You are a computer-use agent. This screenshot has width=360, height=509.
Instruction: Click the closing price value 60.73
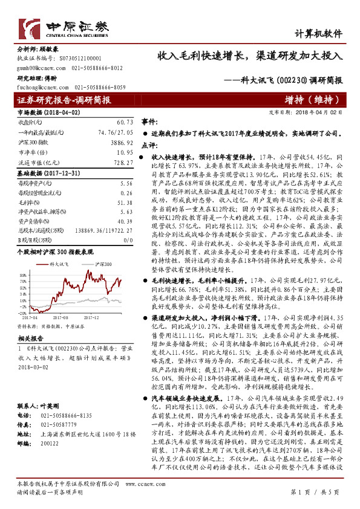[123, 122]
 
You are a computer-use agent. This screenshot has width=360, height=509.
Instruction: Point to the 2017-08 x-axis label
[61, 316]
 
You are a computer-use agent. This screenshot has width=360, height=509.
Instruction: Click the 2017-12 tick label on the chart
[91, 316]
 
